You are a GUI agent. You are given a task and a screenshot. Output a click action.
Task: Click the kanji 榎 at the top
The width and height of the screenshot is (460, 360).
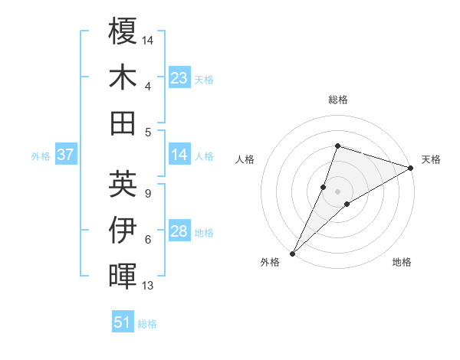click(123, 31)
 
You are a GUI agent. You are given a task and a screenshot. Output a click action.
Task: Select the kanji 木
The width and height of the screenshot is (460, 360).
click(123, 77)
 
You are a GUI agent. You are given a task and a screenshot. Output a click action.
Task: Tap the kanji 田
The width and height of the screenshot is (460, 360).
click(123, 123)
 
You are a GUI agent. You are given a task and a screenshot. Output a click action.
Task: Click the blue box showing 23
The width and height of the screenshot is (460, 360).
click(179, 77)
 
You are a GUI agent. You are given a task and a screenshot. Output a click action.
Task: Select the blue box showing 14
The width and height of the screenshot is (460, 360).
click(179, 155)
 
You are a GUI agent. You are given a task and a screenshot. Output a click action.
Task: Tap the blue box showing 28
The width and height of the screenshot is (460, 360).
click(179, 231)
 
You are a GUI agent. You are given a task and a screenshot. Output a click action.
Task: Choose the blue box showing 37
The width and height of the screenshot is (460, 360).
click(66, 155)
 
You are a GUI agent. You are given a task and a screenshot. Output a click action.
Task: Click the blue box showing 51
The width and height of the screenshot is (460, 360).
click(123, 322)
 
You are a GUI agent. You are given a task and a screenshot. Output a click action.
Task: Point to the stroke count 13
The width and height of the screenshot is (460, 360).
click(148, 286)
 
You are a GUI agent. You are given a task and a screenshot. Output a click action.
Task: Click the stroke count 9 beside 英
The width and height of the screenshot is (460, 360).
click(148, 194)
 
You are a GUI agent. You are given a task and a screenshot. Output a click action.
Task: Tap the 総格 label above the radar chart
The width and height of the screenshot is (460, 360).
click(337, 100)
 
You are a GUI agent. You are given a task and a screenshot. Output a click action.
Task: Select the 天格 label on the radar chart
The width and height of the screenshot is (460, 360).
click(431, 159)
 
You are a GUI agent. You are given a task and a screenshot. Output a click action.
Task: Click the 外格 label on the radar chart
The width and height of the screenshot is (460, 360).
click(270, 262)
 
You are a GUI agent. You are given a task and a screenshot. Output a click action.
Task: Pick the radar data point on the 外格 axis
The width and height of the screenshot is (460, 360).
click(292, 253)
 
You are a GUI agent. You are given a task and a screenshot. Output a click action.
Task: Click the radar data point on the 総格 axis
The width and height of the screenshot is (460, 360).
click(337, 146)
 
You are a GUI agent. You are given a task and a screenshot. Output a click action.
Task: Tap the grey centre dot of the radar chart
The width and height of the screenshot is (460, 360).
click(337, 191)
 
